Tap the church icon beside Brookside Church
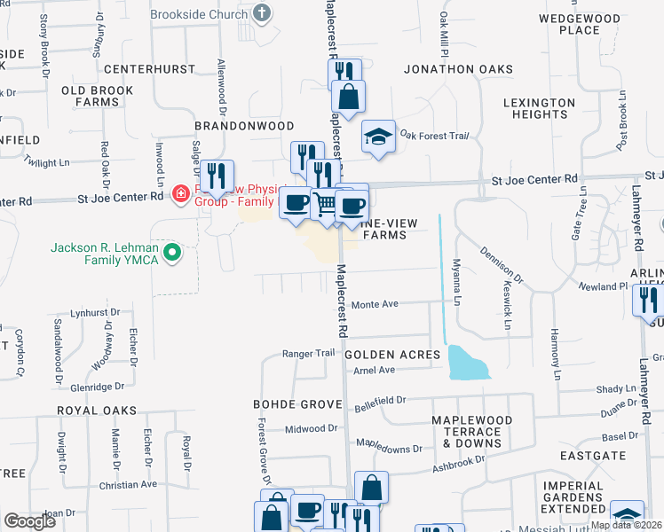261,12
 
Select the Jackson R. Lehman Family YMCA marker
173,254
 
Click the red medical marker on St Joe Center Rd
180,192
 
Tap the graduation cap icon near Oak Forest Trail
378,137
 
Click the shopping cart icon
326,204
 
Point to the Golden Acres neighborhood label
392,355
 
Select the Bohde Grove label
297,404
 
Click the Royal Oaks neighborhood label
97,411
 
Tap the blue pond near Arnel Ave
468,362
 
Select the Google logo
30,521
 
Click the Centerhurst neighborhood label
148,68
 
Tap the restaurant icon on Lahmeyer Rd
647,300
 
